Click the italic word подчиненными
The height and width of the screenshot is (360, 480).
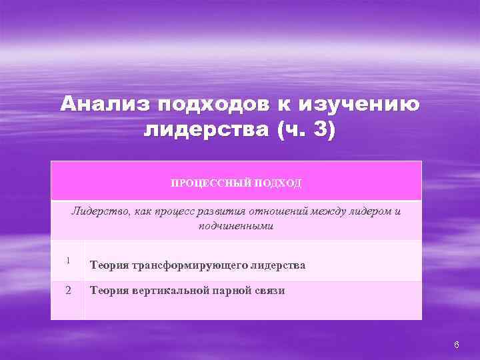click(x=236, y=227)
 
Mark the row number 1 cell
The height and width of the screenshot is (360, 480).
click(x=68, y=261)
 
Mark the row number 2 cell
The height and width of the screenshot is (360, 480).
click(x=68, y=291)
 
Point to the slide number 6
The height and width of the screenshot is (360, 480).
click(x=456, y=344)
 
